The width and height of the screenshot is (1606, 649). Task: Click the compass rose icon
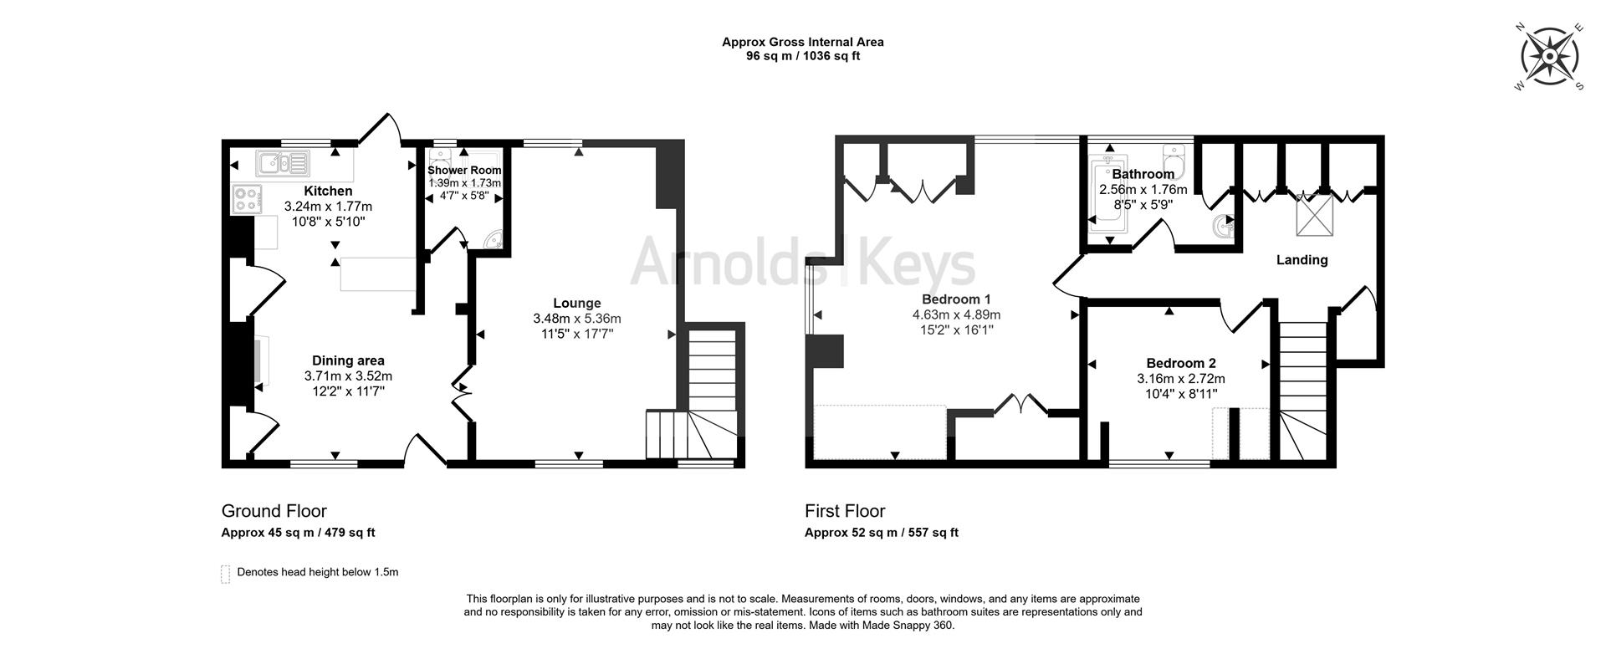click(x=1549, y=57)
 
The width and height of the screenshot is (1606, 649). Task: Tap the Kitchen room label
click(x=328, y=192)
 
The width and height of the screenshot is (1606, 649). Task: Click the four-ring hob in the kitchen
click(x=247, y=199)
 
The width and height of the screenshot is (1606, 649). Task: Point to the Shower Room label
click(x=464, y=170)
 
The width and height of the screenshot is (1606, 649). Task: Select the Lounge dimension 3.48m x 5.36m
click(x=576, y=319)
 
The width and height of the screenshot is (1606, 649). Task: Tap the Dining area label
click(x=348, y=361)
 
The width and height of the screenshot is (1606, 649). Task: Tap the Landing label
click(x=1302, y=260)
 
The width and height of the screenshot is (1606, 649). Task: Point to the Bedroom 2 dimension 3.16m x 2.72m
click(x=1180, y=379)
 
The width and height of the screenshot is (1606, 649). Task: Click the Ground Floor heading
click(x=274, y=511)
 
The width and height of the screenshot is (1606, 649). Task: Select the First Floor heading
click(x=845, y=511)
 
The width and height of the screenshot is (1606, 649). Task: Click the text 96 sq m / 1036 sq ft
click(x=802, y=57)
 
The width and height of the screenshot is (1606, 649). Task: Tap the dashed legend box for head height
click(x=225, y=574)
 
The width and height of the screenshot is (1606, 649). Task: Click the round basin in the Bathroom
click(x=1226, y=226)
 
